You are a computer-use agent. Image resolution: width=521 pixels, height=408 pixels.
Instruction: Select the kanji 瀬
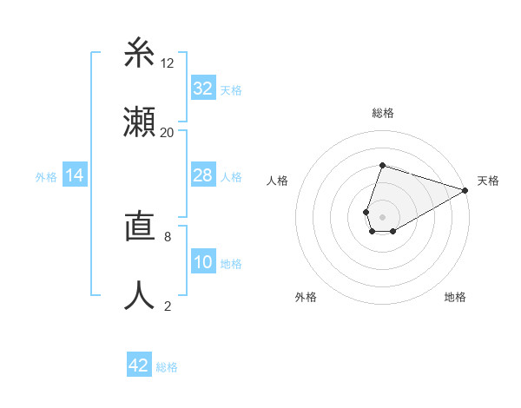point(140,122)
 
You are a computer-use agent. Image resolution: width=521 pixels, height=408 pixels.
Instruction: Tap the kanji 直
point(140,228)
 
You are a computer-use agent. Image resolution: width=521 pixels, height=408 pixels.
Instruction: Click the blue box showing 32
point(203,89)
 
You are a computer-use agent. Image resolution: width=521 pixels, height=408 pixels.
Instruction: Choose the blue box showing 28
point(203,175)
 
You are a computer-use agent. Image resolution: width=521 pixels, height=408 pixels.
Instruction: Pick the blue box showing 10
point(203,263)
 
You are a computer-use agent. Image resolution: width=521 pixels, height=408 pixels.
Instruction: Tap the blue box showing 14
point(75,175)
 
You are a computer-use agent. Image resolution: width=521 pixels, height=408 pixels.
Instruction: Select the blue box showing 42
point(139,365)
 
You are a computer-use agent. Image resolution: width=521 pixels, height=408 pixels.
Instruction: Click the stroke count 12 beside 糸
point(168,63)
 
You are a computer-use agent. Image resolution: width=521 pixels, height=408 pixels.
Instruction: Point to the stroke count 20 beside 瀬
point(168,132)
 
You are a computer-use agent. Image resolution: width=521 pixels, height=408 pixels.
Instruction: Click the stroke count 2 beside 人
point(168,306)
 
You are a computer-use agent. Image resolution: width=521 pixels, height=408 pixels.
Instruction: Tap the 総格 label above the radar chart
point(382,113)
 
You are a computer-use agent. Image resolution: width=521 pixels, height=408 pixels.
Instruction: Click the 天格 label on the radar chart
point(488,181)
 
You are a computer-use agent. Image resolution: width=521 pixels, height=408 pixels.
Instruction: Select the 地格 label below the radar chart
point(455,297)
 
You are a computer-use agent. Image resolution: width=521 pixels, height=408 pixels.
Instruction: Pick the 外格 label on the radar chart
point(306,297)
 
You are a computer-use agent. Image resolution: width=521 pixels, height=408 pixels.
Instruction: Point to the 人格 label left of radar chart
point(277,181)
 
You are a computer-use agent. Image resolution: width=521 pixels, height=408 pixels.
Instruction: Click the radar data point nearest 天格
point(466,191)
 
